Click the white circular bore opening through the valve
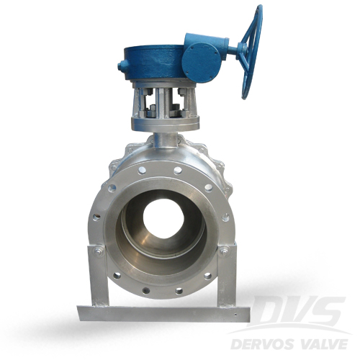163,221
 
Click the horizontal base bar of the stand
162,313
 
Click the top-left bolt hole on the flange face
142,171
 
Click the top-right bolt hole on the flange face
177,171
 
